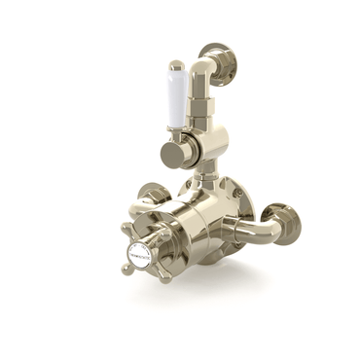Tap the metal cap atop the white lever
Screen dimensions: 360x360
coord(176,68)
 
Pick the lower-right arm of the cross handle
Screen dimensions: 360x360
coord(162,275)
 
